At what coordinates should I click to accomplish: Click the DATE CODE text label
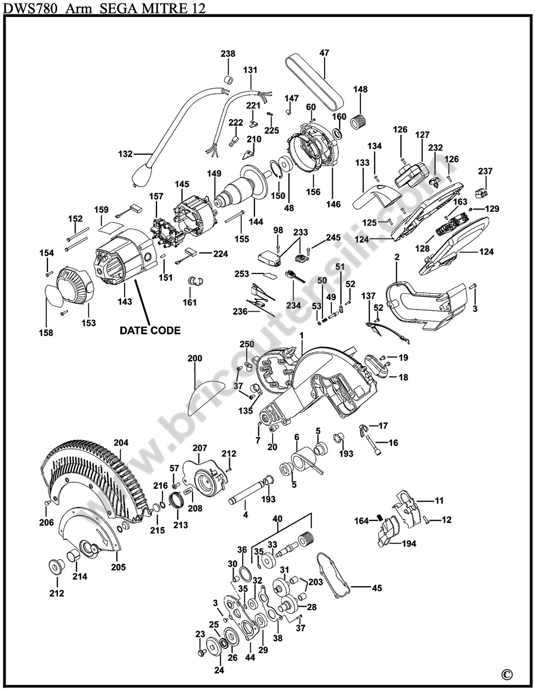tap(150, 331)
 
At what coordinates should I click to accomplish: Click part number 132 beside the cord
tap(125, 154)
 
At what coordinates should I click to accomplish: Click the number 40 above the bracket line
tap(278, 519)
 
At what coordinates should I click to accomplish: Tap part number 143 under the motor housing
tap(125, 301)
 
